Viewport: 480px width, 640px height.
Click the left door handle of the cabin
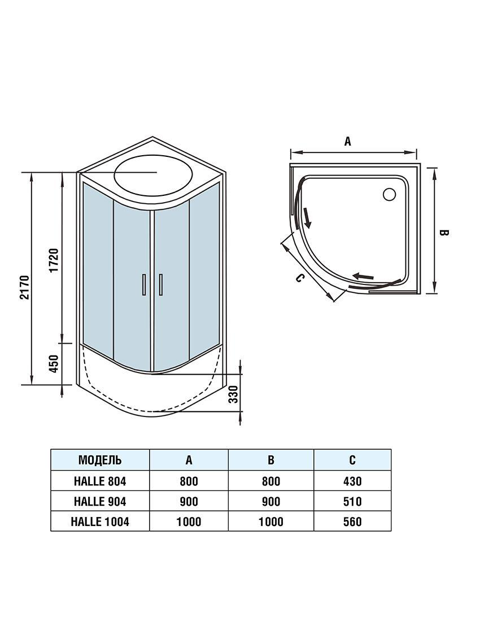143,284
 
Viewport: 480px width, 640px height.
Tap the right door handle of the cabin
161,284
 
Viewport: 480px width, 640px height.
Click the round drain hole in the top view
389,194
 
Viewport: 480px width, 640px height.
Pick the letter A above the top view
348,141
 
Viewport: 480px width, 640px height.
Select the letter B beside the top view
444,233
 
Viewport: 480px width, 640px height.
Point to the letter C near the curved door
300,278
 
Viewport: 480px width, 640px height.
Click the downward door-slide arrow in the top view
307,218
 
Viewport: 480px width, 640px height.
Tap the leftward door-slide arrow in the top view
364,277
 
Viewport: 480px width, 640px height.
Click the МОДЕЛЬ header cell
100,460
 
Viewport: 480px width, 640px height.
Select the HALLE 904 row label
100,501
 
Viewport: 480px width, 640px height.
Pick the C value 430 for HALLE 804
352,481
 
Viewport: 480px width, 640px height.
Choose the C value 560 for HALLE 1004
352,521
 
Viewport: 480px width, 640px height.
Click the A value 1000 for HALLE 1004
189,521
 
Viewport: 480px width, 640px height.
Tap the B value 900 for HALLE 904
271,501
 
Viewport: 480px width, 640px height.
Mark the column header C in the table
352,460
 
